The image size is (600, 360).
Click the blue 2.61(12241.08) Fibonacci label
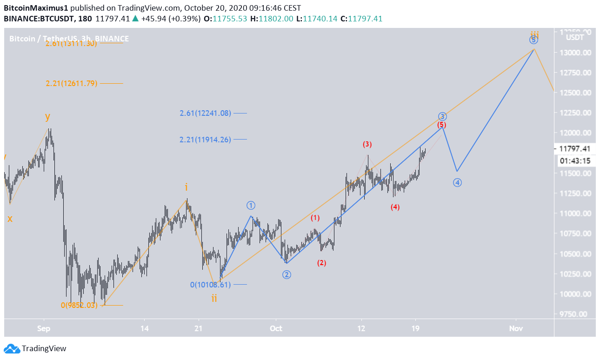pyautogui.click(x=205, y=113)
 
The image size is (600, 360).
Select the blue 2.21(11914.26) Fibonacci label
pyautogui.click(x=205, y=139)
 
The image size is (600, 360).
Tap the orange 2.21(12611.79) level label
pyautogui.click(x=71, y=84)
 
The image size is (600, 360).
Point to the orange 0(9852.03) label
pyautogui.click(x=79, y=305)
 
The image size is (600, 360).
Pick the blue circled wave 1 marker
pyautogui.click(x=251, y=205)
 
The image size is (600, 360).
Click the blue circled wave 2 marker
pyautogui.click(x=287, y=275)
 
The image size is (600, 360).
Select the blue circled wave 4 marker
pyautogui.click(x=457, y=183)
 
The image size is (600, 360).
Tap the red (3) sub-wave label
pyautogui.click(x=367, y=144)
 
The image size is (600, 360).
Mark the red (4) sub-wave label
pyautogui.click(x=395, y=207)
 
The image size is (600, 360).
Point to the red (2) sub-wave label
pyautogui.click(x=321, y=263)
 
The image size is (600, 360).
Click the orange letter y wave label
pyautogui.click(x=47, y=116)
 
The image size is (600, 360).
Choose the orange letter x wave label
pyautogui.click(x=10, y=218)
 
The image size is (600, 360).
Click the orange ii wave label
pyautogui.click(x=214, y=298)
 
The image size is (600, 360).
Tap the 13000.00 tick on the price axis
pyautogui.click(x=576, y=53)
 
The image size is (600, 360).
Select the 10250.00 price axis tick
pyautogui.click(x=576, y=274)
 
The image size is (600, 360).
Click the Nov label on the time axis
pyautogui.click(x=515, y=329)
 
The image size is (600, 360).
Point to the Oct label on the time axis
pyautogui.click(x=276, y=329)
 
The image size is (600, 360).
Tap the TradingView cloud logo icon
pyautogui.click(x=12, y=348)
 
